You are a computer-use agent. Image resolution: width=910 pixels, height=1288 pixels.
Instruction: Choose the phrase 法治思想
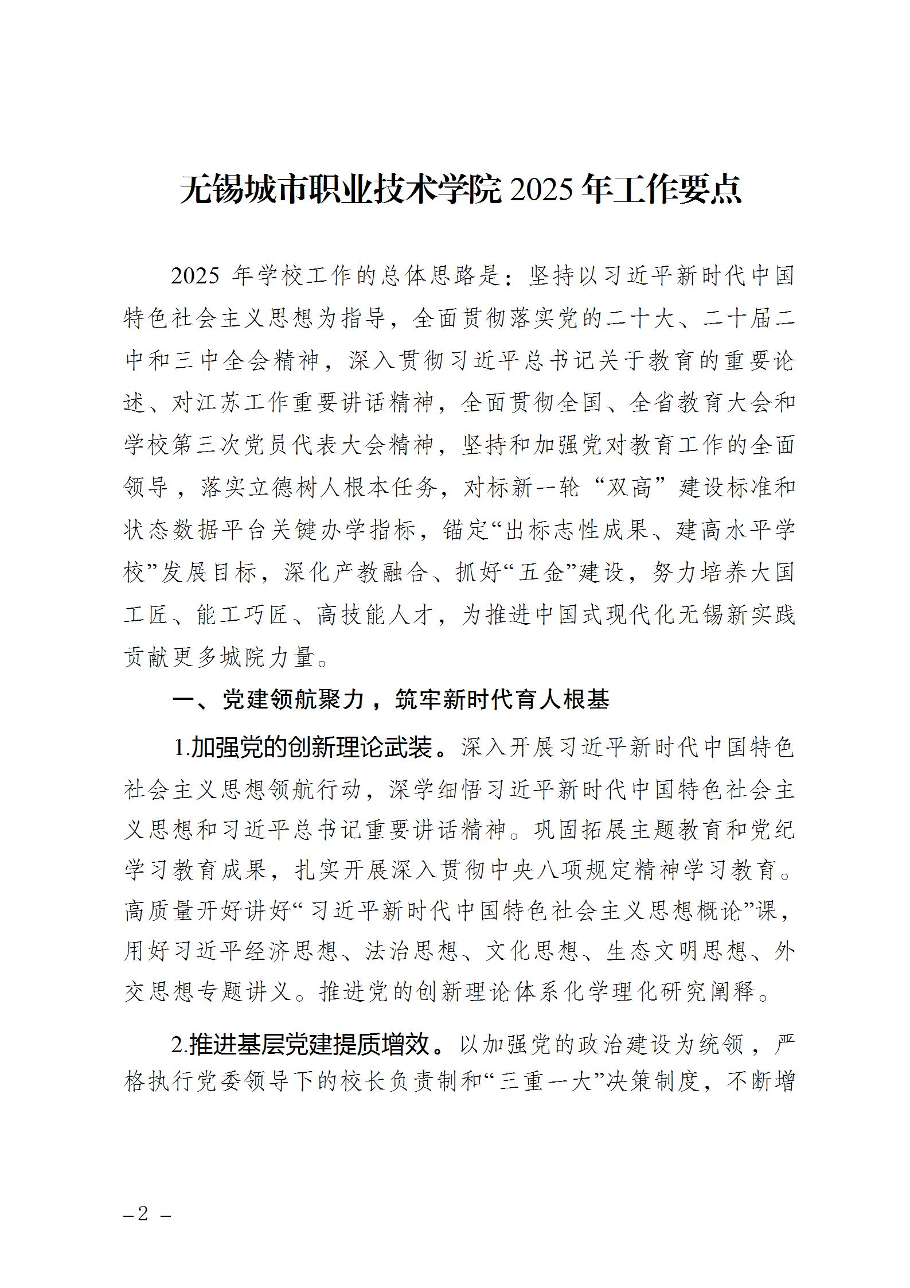click(413, 952)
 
